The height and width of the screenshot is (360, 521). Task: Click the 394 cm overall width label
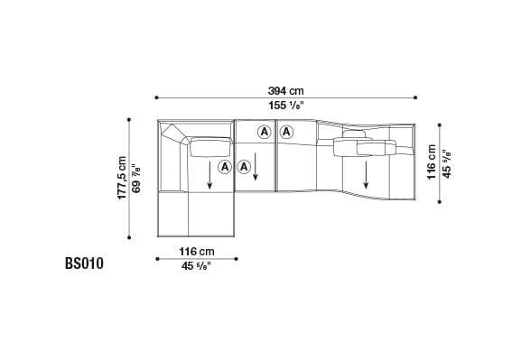tap(285, 90)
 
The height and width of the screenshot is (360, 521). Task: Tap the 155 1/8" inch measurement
tap(285, 105)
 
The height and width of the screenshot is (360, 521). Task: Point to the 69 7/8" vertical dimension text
tap(135, 178)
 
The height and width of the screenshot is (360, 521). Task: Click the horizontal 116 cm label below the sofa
tap(196, 251)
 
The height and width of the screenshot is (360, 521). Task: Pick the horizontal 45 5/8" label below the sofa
tap(196, 265)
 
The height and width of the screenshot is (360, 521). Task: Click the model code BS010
tap(85, 264)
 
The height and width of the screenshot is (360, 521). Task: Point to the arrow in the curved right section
tap(367, 169)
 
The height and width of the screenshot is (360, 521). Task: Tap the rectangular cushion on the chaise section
tap(209, 146)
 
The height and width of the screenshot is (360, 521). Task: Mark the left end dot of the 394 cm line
tap(156, 97)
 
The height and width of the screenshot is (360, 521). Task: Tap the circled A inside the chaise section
tap(224, 168)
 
